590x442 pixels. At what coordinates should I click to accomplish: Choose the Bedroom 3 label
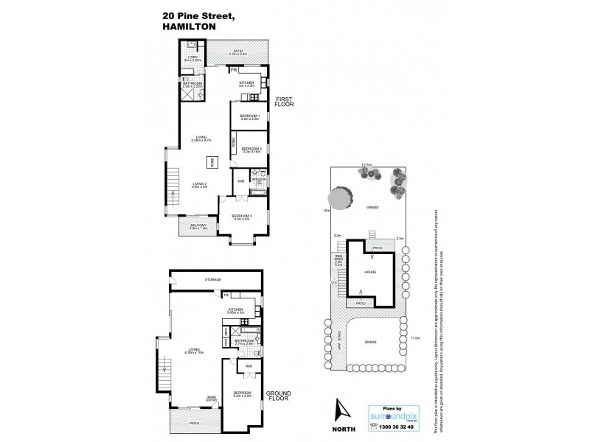click(243, 216)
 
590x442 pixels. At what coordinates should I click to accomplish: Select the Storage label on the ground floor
click(214, 281)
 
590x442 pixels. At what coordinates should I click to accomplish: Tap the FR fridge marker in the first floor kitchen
click(234, 71)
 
